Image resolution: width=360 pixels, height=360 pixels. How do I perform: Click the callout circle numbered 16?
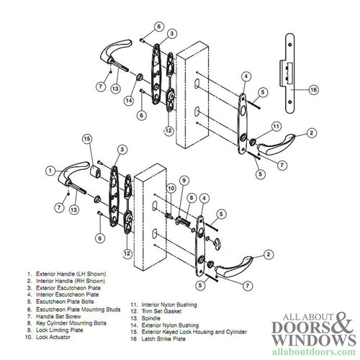coord(314,90)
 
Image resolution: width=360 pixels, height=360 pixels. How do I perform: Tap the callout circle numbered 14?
coord(130,100)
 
